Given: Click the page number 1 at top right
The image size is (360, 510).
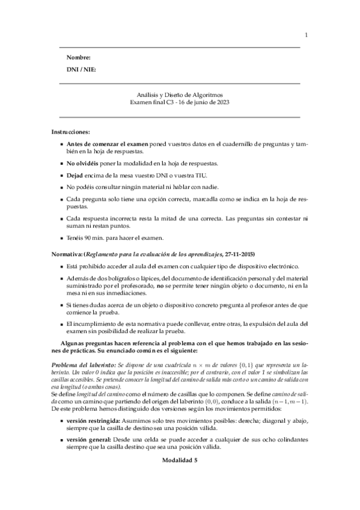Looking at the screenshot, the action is [306, 35].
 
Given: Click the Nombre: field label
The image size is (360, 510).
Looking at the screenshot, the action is [79, 58].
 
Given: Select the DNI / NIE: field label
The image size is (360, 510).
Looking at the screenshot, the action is [81, 70].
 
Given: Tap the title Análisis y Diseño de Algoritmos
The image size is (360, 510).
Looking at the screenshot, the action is [180, 95].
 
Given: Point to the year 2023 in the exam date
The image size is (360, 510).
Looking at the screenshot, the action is [222, 103].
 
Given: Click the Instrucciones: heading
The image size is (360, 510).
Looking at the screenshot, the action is [71, 131].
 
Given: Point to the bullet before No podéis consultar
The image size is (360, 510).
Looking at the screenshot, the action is [63, 188].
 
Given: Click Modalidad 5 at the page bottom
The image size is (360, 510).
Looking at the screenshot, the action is [180, 459].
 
